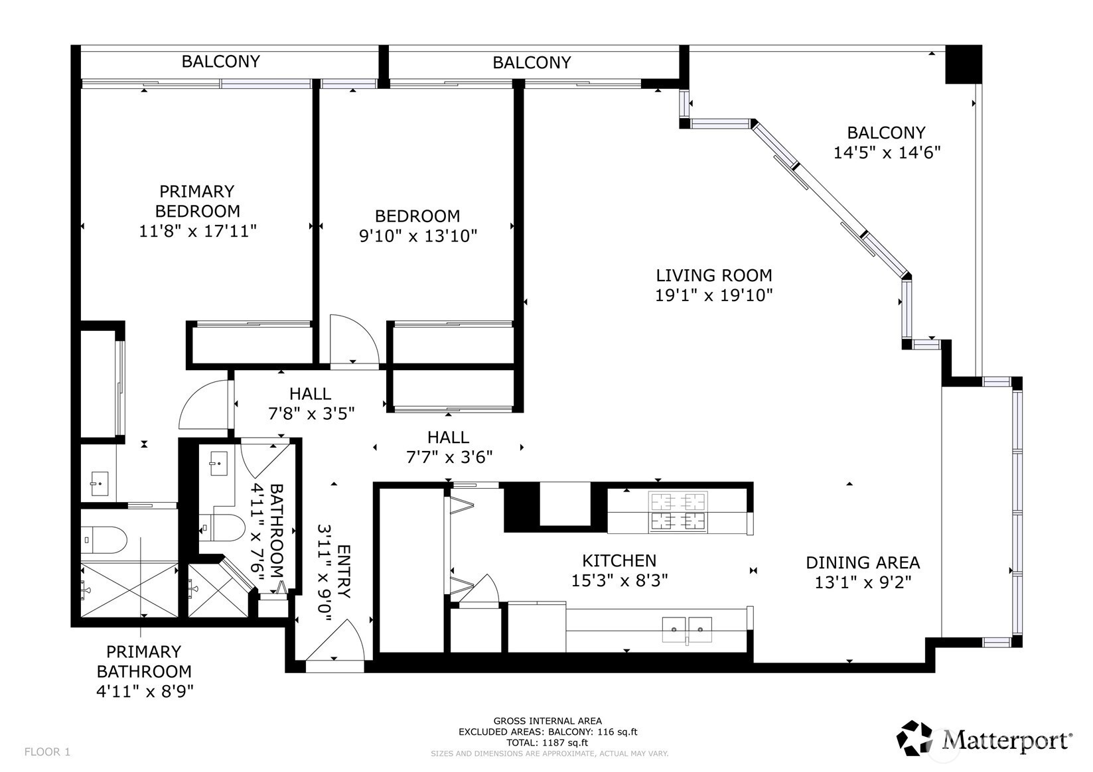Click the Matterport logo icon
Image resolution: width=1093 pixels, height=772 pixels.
click(x=916, y=739)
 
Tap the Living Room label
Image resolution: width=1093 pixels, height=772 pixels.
click(x=714, y=275)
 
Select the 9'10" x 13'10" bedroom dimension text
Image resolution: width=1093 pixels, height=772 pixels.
click(x=417, y=236)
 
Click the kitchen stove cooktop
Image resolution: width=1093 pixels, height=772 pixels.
click(x=678, y=511)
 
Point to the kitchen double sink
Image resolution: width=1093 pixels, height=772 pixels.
click(x=687, y=629)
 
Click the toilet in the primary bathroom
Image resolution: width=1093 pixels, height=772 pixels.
click(x=104, y=540)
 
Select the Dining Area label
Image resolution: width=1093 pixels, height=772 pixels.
click(x=863, y=562)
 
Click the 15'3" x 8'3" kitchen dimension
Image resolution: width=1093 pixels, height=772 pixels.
click(x=619, y=580)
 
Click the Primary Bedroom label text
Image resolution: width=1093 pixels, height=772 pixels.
click(x=197, y=201)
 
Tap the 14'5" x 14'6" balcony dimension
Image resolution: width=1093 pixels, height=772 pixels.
click(x=887, y=153)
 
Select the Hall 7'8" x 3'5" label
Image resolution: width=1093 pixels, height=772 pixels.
click(x=311, y=404)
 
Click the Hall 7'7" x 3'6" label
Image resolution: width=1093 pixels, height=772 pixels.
click(x=449, y=447)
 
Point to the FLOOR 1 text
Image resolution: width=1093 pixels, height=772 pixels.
click(x=47, y=751)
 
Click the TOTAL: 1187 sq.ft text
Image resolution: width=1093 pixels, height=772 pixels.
click(x=547, y=743)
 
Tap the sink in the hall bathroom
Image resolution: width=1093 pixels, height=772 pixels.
click(x=218, y=464)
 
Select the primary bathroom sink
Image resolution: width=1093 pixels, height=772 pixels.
click(x=100, y=483)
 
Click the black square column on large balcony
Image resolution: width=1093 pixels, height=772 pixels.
click(x=963, y=64)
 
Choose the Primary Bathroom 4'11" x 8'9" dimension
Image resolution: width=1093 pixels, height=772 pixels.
click(x=145, y=692)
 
